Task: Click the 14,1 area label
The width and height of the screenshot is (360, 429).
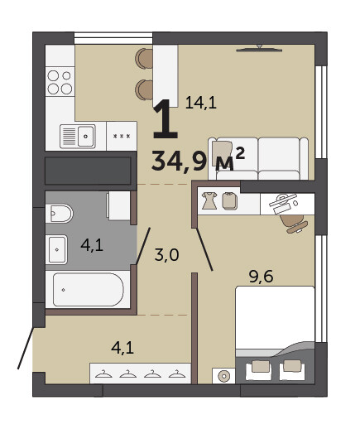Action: [x=201, y=103]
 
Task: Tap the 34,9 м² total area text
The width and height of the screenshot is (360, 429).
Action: [x=198, y=161]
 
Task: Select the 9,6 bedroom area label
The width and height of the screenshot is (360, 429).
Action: [x=261, y=277]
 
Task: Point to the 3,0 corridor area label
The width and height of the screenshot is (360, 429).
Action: [x=166, y=255]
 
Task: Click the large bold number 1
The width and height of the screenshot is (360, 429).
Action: [x=165, y=118]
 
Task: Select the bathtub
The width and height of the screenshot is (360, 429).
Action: [x=88, y=290]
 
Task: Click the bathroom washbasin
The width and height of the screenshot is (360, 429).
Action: [x=56, y=249]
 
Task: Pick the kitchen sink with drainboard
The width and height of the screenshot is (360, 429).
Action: [x=78, y=136]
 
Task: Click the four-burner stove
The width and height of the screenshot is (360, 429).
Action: [x=60, y=82]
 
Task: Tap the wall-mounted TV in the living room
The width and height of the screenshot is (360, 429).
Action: [x=259, y=49]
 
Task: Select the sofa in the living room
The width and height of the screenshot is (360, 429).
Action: [x=258, y=159]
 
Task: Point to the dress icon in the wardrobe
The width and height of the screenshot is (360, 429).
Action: [x=209, y=200]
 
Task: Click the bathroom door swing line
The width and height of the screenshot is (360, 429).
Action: [x=143, y=246]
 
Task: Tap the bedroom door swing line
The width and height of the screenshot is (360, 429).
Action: [x=204, y=249]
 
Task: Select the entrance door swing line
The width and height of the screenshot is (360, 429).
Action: [x=26, y=348]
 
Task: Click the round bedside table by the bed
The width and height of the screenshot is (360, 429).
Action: [x=223, y=376]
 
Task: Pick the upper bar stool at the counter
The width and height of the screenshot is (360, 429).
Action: [x=144, y=59]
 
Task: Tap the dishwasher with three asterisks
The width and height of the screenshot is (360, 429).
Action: [x=122, y=136]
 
